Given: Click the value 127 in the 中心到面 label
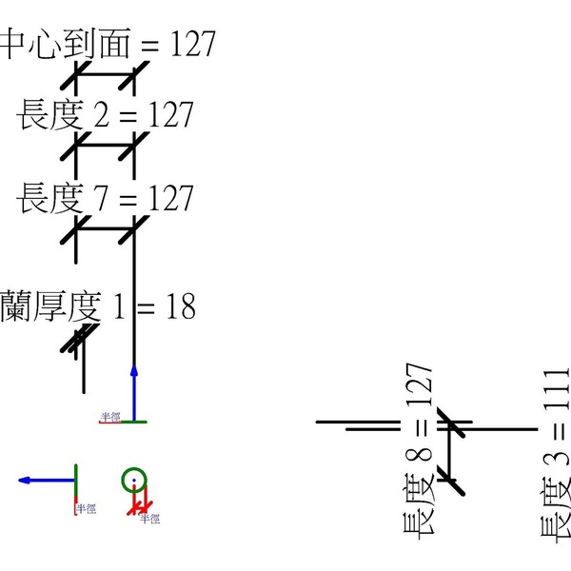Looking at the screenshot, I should tap(193, 43).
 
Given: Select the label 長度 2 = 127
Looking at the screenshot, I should tap(105, 115).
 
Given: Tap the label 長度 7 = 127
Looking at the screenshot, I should tap(105, 199).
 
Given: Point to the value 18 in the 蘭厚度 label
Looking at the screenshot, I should tap(178, 306).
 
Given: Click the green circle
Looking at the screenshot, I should tap(134, 481).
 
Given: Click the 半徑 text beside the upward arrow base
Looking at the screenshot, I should tap(110, 417).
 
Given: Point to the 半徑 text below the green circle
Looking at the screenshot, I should tap(149, 519).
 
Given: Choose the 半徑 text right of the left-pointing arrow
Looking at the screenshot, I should tap(87, 509).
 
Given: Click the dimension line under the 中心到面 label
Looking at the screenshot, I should tap(105, 74).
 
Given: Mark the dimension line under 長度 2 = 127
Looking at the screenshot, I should tap(105, 146).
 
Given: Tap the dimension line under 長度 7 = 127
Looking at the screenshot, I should tap(105, 228).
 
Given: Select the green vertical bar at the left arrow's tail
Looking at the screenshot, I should tap(75, 481).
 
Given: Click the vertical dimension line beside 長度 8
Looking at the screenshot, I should tap(448, 455).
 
